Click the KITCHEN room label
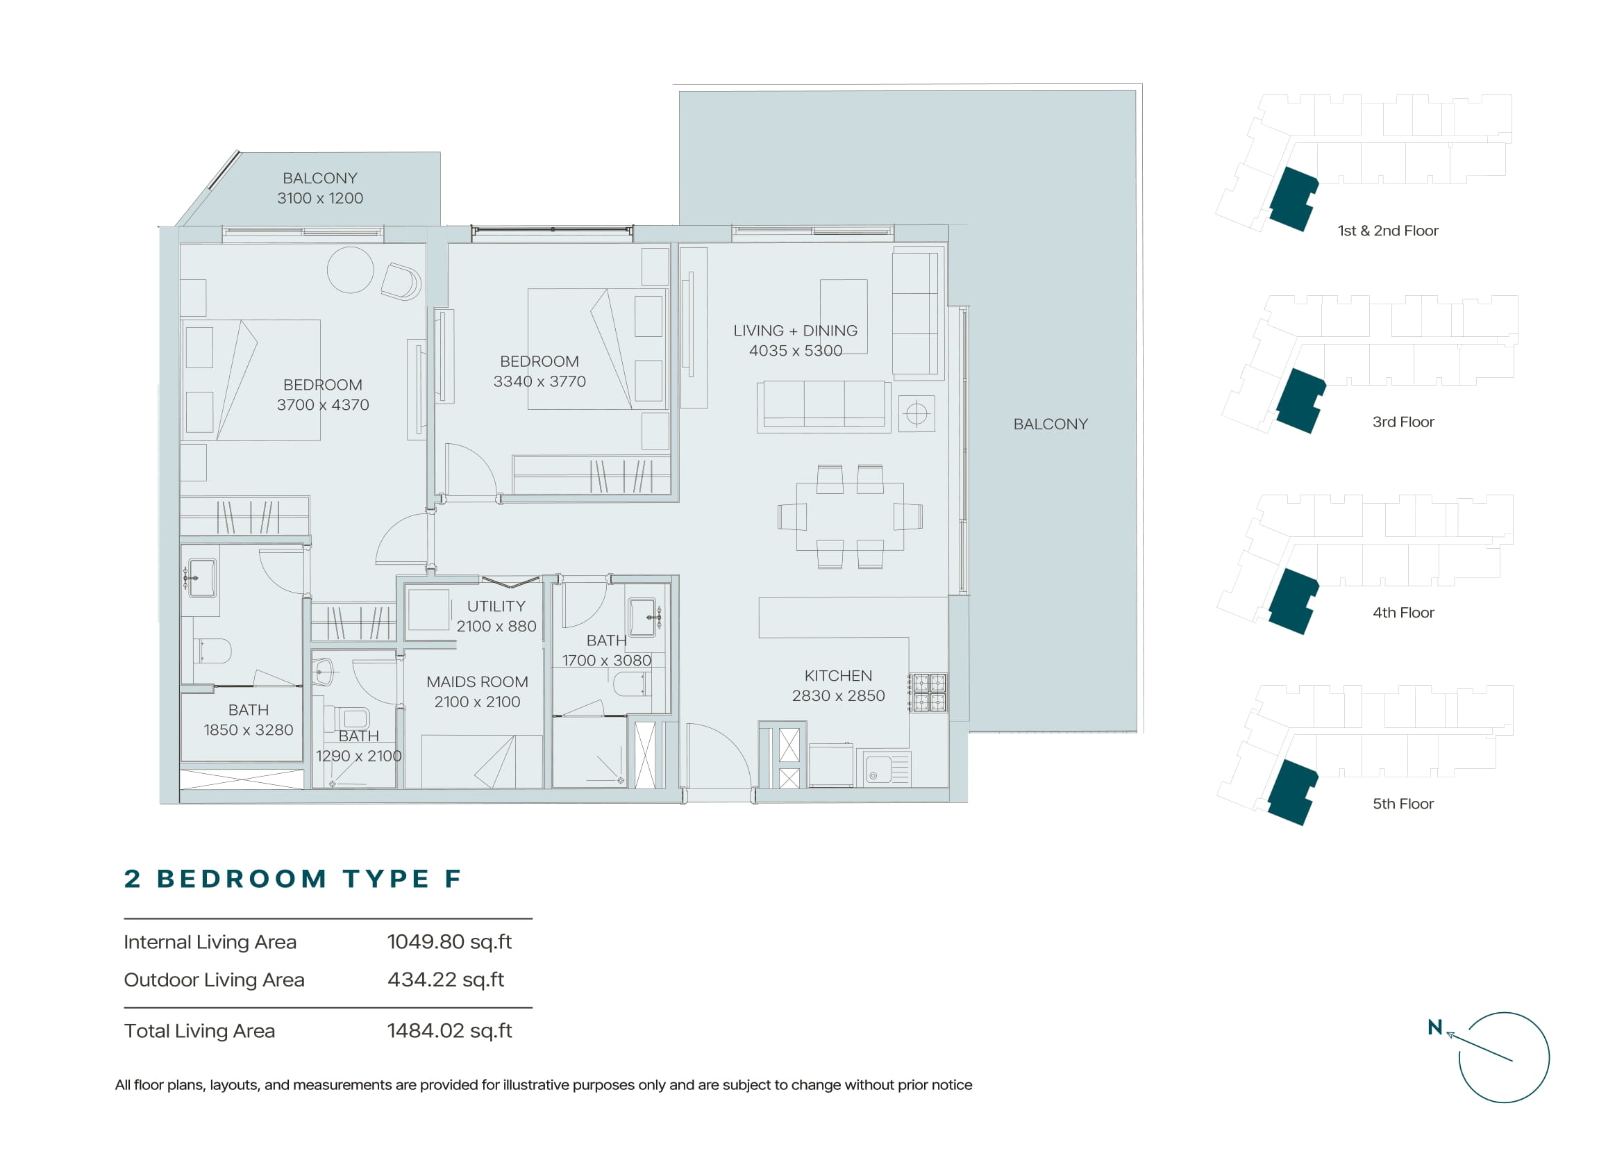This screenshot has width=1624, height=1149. point(838,676)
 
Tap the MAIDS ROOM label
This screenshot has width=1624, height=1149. point(478,682)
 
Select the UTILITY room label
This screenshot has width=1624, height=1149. point(496,606)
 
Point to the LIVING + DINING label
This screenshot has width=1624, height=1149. point(796,331)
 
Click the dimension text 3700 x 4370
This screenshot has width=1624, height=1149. point(324,405)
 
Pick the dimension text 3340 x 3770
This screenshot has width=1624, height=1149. point(539,381)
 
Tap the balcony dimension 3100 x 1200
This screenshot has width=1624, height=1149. point(320,198)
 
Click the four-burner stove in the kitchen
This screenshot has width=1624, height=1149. point(930,693)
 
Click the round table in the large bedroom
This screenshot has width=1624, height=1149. point(350,270)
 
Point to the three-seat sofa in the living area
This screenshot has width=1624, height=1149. point(824,407)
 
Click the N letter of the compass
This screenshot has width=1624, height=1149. point(1435,1027)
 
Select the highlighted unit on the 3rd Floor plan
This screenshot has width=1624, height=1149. point(1300,400)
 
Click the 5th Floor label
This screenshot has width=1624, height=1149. point(1403,804)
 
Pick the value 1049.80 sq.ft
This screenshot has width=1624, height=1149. point(449,942)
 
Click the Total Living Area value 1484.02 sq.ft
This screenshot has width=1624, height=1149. point(449,1031)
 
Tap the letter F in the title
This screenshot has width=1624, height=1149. point(453,879)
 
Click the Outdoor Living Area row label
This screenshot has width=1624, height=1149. point(215,980)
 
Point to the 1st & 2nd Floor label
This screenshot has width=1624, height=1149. point(1388,231)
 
